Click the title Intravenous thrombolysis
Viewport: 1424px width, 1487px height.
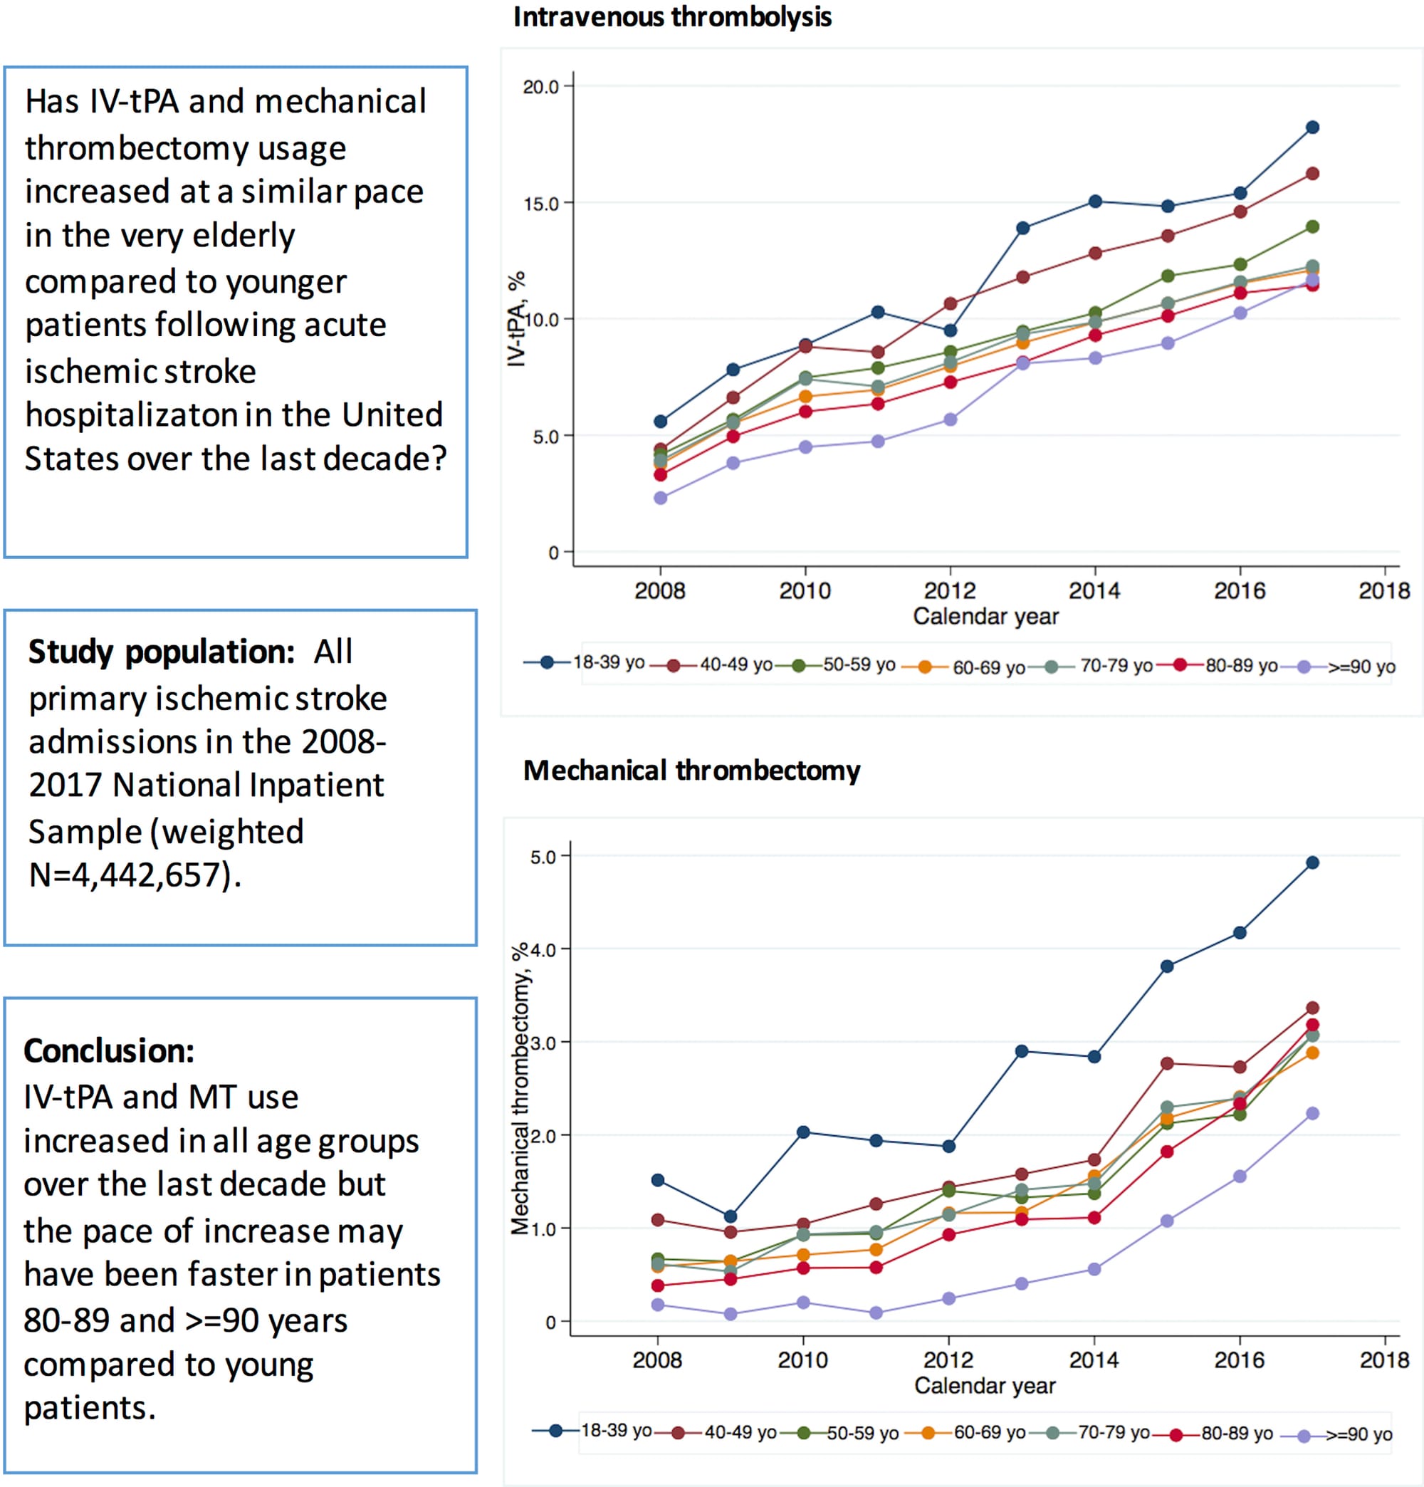click(672, 16)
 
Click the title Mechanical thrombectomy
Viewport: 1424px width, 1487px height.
click(691, 770)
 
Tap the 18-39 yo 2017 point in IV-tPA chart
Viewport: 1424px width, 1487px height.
click(1312, 127)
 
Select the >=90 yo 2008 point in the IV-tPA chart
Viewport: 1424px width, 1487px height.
click(660, 498)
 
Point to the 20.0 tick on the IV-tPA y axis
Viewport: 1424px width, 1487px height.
click(540, 86)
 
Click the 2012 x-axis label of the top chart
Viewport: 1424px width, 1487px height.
click(949, 590)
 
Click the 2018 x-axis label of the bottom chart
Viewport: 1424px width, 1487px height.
click(1384, 1360)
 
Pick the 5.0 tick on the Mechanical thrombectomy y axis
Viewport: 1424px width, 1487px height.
click(543, 857)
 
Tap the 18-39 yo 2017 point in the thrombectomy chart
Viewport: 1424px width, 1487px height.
click(1312, 862)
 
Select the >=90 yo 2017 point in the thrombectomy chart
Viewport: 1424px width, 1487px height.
click(1312, 1114)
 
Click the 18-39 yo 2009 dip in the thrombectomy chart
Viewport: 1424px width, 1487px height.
click(730, 1216)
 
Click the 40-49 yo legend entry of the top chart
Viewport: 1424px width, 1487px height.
click(734, 665)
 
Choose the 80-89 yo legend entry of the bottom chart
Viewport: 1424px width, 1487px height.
click(1236, 1433)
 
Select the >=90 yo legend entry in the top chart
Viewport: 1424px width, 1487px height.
click(1360, 667)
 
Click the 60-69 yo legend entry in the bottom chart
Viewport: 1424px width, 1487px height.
click(988, 1432)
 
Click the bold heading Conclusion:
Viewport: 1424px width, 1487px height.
click(108, 1050)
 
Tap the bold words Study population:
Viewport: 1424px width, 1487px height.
click(161, 652)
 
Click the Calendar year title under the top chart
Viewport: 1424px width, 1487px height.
click(985, 616)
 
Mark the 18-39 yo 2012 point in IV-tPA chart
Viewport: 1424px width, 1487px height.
click(950, 330)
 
